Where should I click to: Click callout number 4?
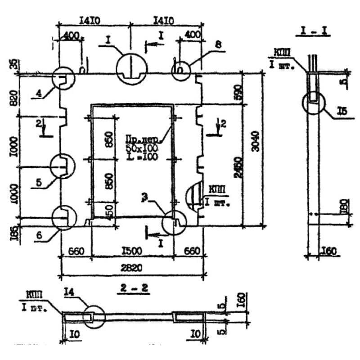tap(39, 94)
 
